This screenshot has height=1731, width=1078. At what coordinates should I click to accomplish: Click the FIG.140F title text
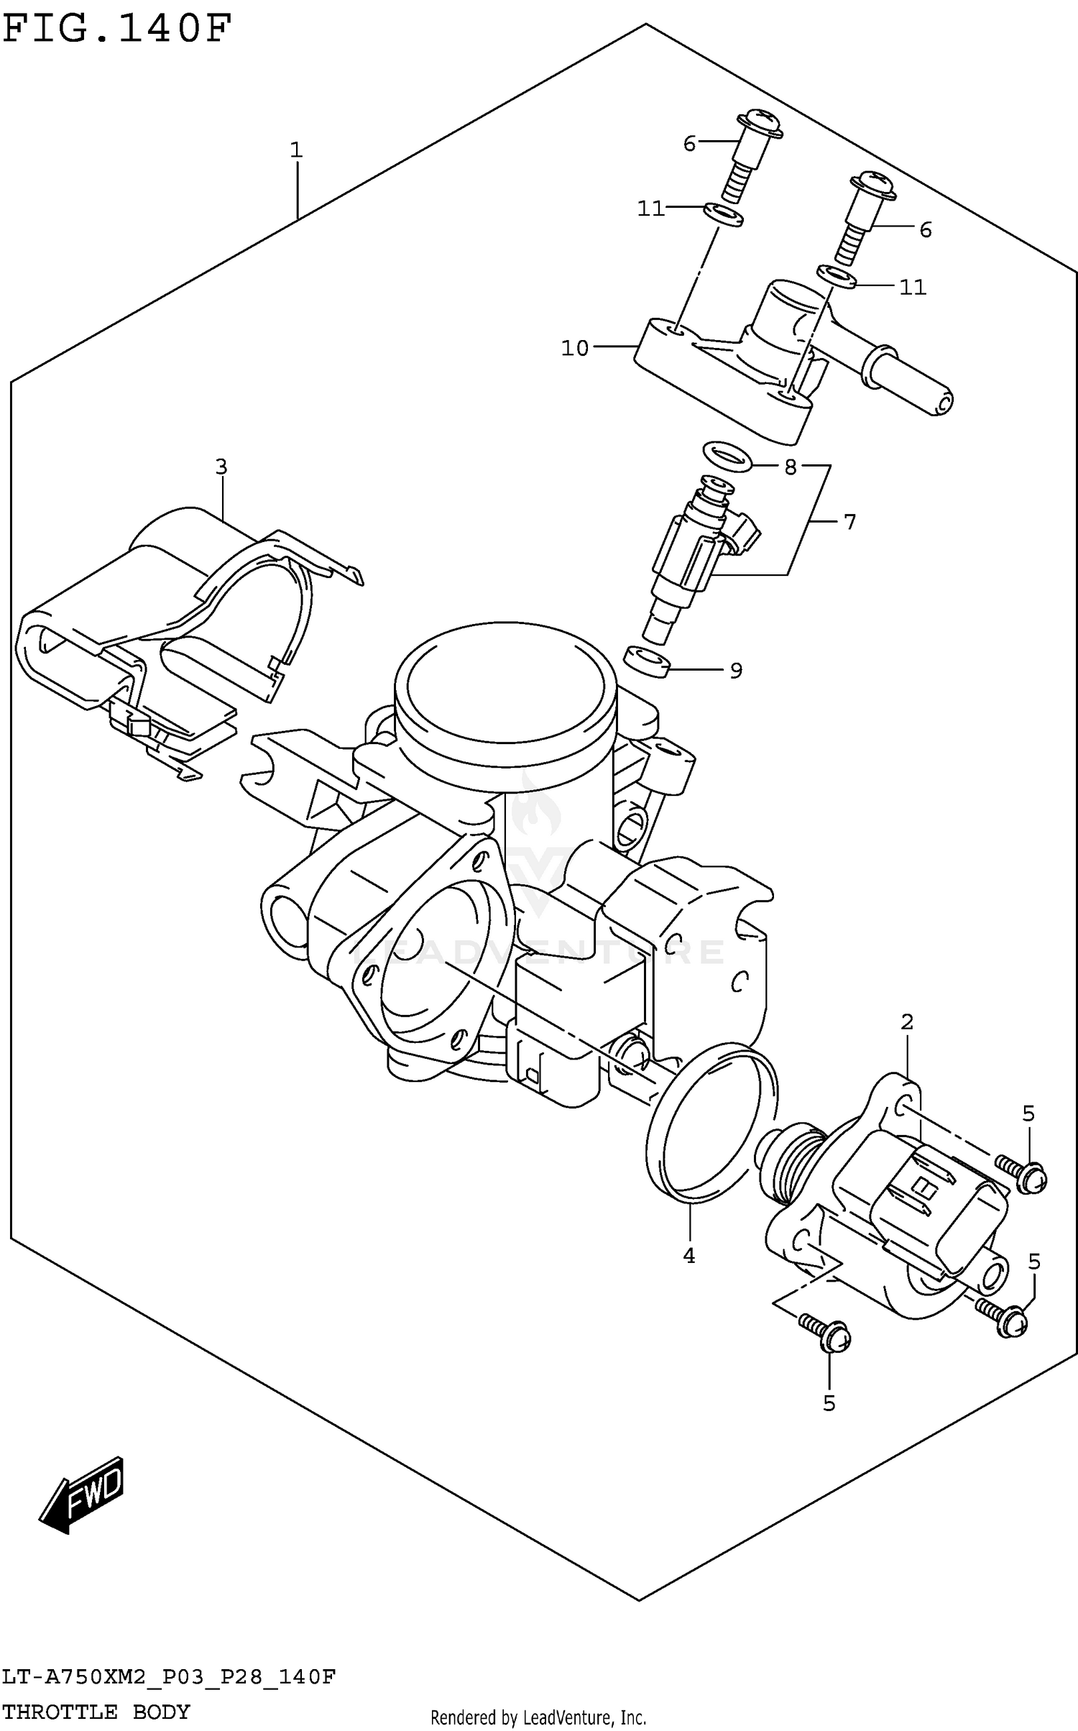coord(117,30)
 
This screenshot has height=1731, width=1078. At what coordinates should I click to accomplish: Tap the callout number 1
coord(296,150)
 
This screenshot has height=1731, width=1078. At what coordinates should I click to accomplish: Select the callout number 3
coord(221,467)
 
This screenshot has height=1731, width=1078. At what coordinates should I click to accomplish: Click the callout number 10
coord(574,349)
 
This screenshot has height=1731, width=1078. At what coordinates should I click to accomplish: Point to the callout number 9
coord(735,671)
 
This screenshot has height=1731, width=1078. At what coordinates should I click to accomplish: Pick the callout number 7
coord(849,522)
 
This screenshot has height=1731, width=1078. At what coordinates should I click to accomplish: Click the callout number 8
coord(790,467)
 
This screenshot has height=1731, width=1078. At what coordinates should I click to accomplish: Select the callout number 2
coord(906,1021)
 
